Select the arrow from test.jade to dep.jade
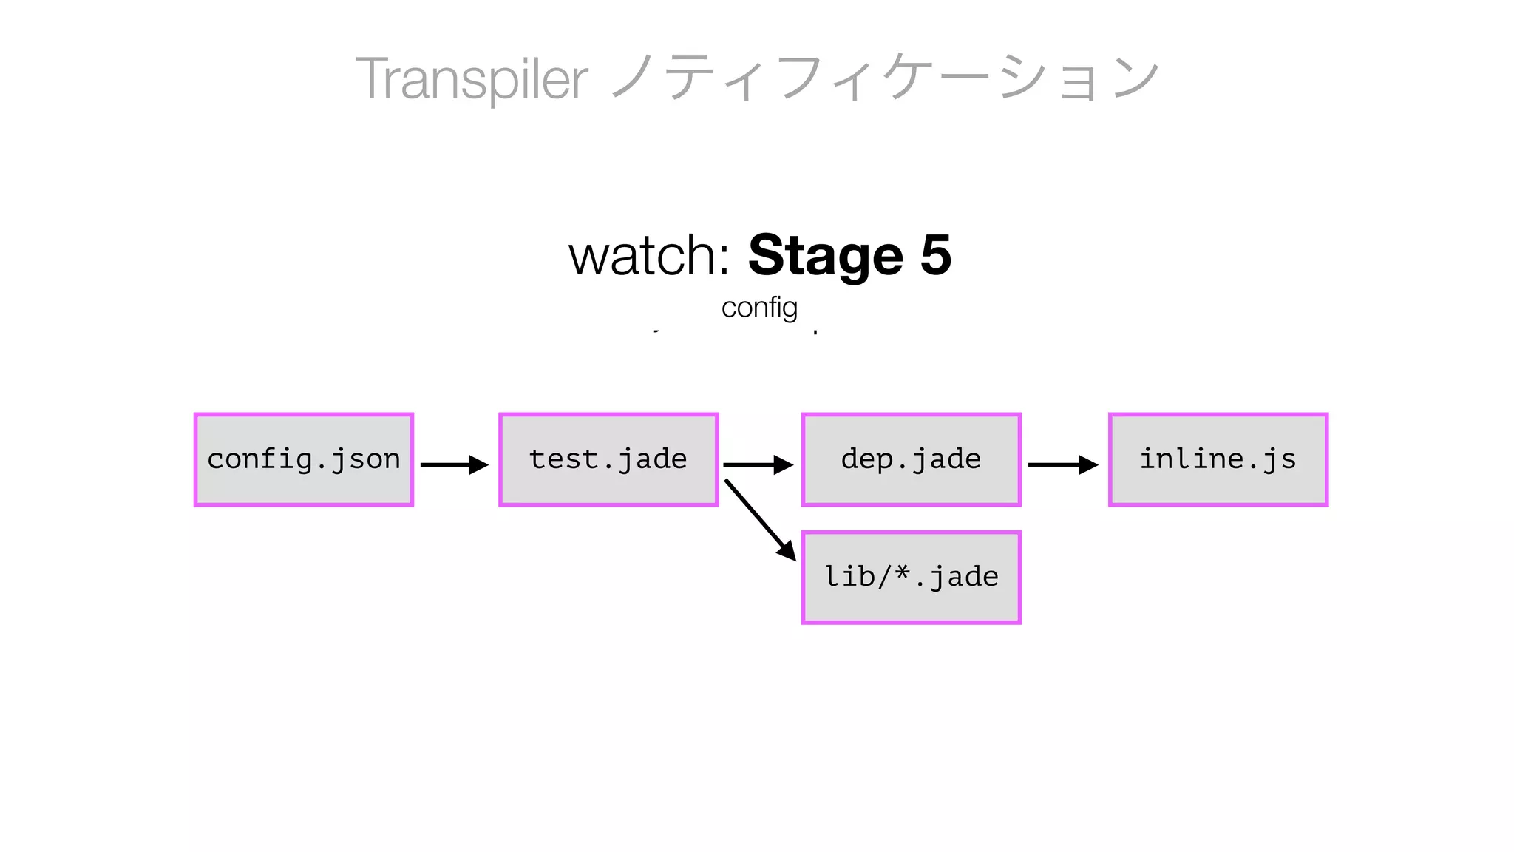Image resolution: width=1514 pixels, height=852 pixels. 757,464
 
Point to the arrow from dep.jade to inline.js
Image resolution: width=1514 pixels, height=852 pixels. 1062,464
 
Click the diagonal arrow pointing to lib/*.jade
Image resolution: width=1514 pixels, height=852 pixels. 758,519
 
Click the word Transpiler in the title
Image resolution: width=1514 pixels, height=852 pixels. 471,78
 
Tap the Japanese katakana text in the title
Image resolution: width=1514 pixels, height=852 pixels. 884,77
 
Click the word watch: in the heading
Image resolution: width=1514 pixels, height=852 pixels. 650,256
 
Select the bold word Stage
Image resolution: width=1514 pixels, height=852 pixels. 826,256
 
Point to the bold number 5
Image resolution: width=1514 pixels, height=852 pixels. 936,256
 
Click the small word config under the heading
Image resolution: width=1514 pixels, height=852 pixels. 759,308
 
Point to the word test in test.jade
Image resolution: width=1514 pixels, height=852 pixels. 563,459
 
